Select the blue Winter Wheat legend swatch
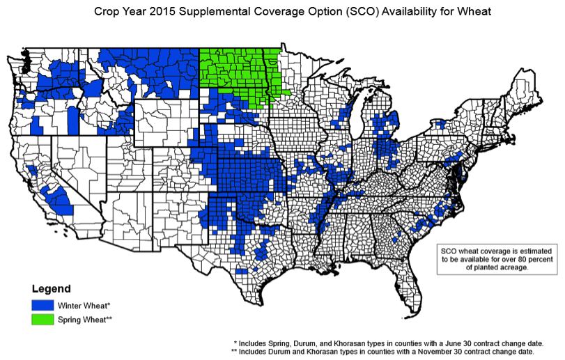pyautogui.click(x=42, y=305)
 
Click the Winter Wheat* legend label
pyautogui.click(x=84, y=306)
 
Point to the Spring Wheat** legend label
pyautogui.click(x=86, y=320)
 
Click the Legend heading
pyautogui.click(x=50, y=288)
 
